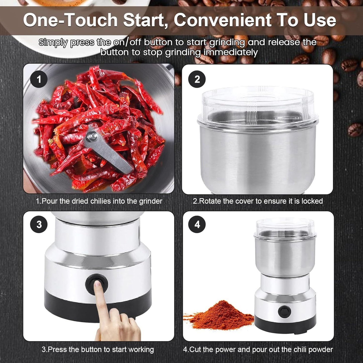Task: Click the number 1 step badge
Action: (39, 79)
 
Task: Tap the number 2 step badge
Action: (197, 79)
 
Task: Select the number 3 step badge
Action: (39, 224)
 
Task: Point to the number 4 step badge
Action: (197, 224)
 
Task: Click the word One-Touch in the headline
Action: (70, 20)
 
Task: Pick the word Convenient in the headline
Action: (222, 20)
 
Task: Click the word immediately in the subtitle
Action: (230, 52)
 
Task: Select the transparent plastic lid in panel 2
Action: (257, 100)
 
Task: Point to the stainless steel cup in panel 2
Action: (257, 156)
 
